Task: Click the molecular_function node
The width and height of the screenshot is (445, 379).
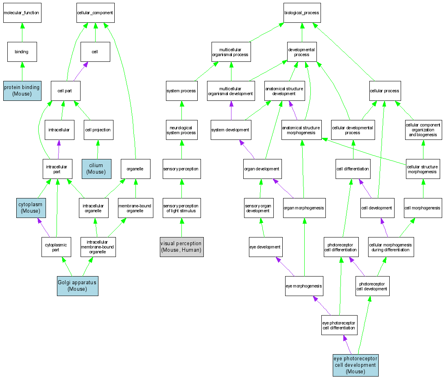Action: pos(22,13)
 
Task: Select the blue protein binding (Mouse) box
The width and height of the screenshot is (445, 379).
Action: pos(22,90)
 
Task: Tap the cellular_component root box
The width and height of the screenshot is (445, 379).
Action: pos(95,13)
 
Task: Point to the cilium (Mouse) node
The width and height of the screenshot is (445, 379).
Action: pos(96,169)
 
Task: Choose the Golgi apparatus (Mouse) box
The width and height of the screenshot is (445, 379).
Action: pos(77,286)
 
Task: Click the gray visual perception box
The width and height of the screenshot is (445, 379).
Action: pos(181,247)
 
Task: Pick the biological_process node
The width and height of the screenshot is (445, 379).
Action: pos(302,13)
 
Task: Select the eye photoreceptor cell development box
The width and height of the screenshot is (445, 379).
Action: pos(356,365)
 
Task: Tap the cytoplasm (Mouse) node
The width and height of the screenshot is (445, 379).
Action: pos(31,208)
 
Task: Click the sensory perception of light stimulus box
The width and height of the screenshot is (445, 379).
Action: pos(181,208)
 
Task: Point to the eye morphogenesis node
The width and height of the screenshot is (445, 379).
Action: pos(304,286)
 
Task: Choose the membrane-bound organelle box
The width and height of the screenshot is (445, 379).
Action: pos(135,208)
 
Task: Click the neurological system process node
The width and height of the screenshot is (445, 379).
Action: pos(181,130)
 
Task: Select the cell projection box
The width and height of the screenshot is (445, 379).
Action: pos(98,130)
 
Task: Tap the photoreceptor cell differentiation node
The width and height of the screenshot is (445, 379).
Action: pos(341,247)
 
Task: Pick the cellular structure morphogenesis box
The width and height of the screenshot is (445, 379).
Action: pos(423,169)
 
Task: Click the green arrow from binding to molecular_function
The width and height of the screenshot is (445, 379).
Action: pos(22,32)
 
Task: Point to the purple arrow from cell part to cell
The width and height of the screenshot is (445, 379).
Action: pos(80,71)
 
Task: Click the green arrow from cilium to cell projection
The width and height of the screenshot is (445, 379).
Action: pos(97,149)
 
